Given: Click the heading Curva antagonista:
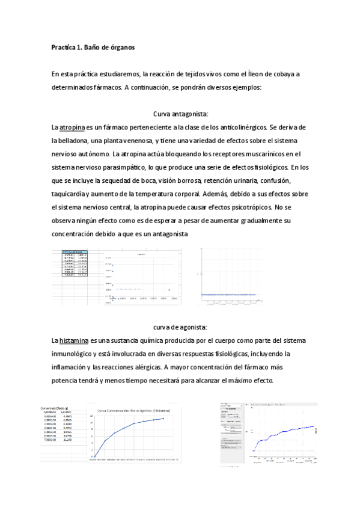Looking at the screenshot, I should [x=180, y=114].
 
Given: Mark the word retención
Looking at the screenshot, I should [x=220, y=180].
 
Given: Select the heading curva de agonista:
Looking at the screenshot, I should [x=180, y=327].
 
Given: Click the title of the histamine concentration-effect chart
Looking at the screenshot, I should [x=133, y=410].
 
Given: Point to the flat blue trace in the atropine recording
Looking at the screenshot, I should [x=228, y=294].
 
